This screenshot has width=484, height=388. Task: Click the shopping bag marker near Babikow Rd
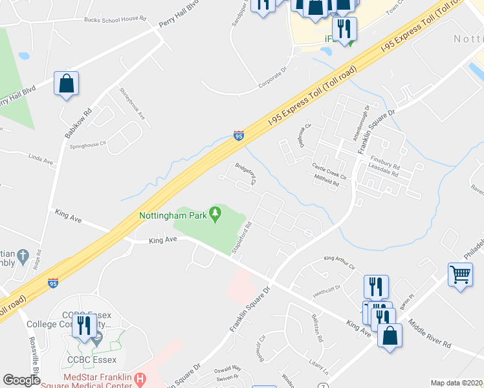pos(67,84)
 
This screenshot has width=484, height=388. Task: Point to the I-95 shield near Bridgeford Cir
pos(239,136)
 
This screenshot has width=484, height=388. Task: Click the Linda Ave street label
pos(40,157)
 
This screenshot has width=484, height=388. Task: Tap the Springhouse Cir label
pos(87,146)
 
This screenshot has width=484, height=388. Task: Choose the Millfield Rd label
pos(327,183)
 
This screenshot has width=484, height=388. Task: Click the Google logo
pos(21,380)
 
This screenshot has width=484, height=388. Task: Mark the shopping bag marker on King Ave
pos(390,336)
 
